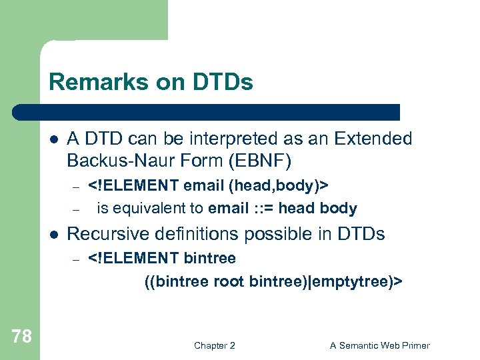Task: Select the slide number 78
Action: [x=21, y=337]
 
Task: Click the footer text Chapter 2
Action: [x=214, y=345]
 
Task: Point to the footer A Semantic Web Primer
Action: [x=380, y=345]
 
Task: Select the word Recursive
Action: [x=108, y=234]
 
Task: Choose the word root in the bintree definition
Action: [x=229, y=281]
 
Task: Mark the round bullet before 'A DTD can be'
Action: [x=54, y=139]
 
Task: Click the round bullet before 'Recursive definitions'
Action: [x=54, y=235]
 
